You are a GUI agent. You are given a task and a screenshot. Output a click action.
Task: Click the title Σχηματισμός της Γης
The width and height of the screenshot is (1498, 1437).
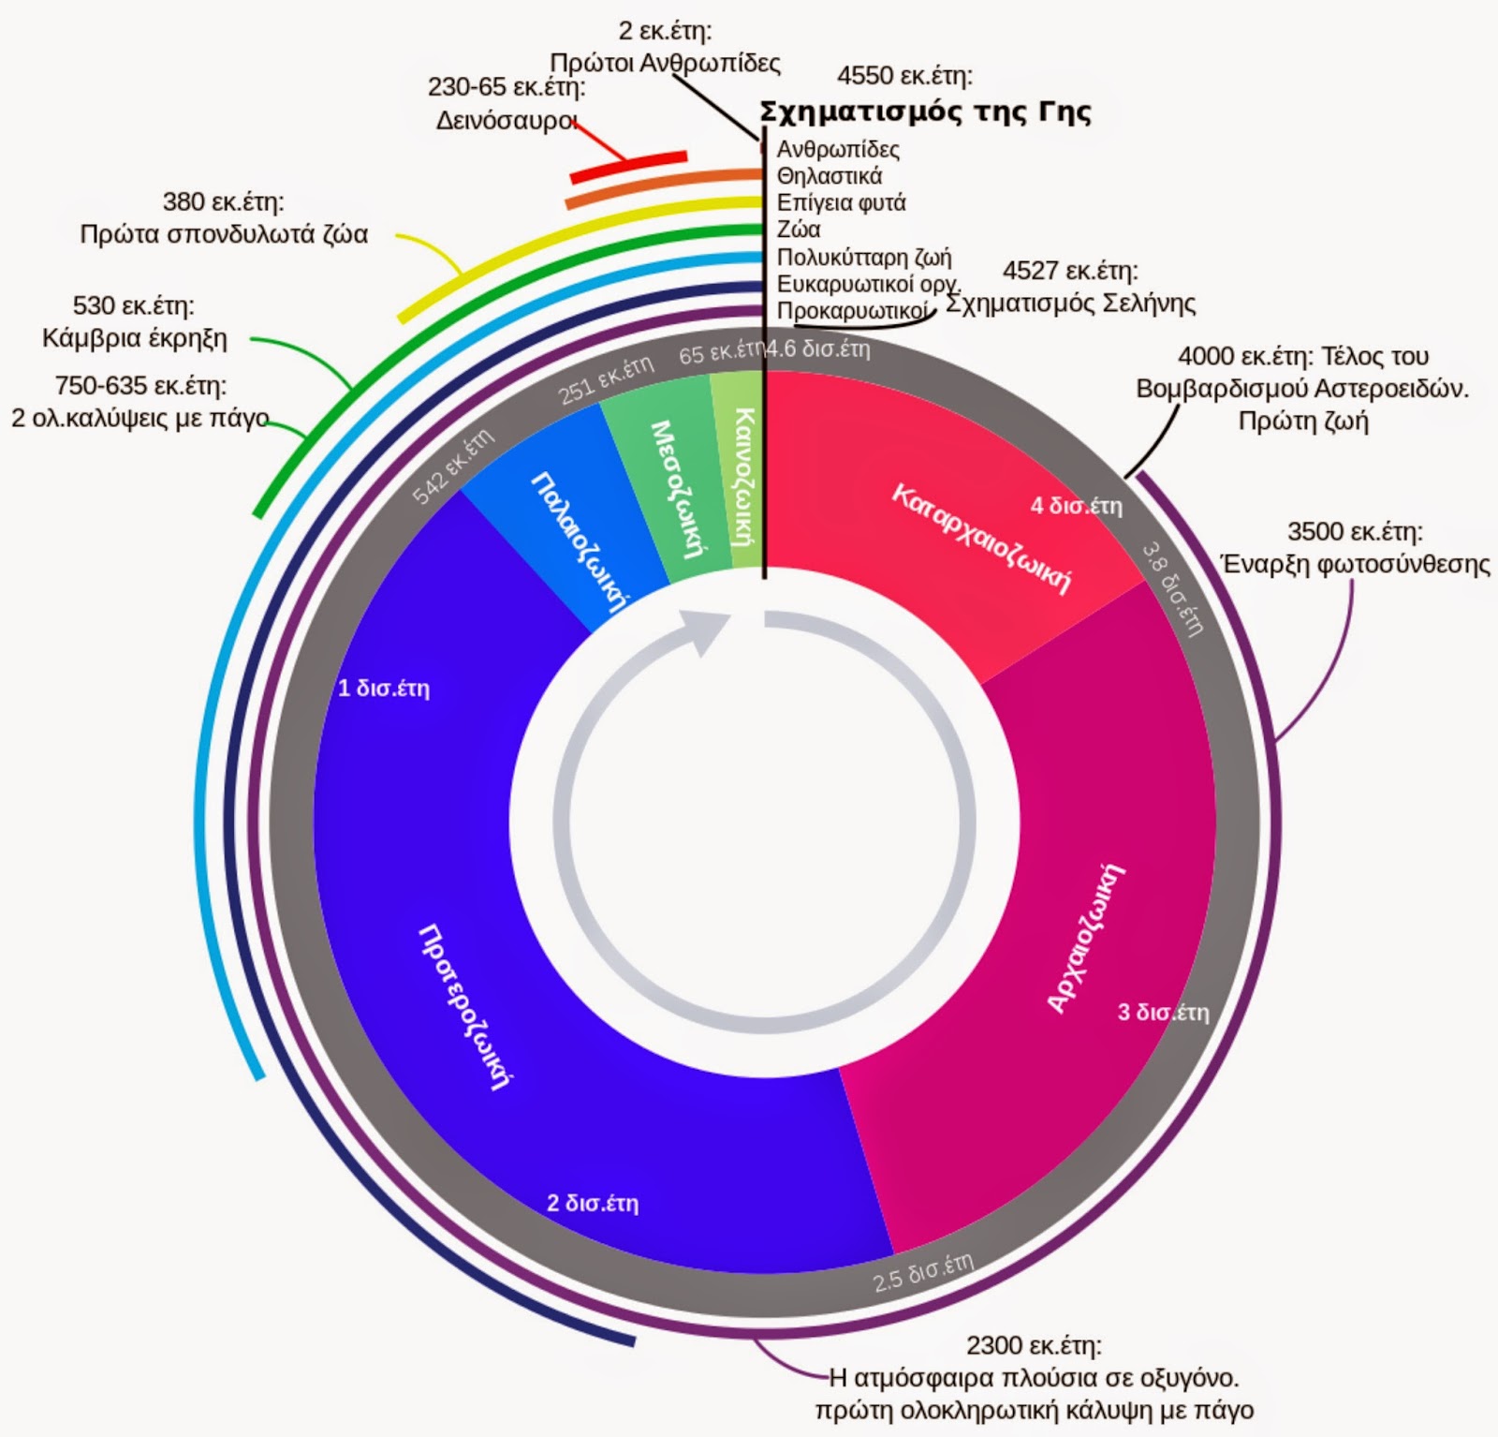click(x=925, y=112)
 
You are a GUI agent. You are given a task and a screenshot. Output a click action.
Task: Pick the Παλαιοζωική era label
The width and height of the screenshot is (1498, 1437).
click(x=580, y=542)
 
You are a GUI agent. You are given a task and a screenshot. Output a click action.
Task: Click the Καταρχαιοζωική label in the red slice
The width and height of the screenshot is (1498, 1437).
click(x=980, y=539)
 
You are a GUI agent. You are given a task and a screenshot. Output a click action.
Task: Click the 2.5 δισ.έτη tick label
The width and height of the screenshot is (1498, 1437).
click(x=923, y=1271)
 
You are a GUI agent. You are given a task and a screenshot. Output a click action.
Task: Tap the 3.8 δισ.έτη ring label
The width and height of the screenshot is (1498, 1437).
click(x=1171, y=588)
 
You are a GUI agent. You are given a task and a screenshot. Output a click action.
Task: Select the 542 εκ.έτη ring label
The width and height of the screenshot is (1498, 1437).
click(x=453, y=467)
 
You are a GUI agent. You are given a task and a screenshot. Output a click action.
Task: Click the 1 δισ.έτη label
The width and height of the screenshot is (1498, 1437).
click(x=384, y=689)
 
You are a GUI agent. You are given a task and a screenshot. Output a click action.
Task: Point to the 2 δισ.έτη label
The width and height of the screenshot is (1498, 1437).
click(x=593, y=1203)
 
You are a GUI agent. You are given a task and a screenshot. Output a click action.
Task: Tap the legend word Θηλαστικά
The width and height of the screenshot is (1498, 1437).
click(x=830, y=176)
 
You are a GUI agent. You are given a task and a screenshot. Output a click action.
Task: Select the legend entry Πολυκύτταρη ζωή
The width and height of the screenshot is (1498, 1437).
click(x=864, y=257)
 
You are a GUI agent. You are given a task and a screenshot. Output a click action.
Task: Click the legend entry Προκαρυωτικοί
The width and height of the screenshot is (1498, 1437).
click(x=853, y=311)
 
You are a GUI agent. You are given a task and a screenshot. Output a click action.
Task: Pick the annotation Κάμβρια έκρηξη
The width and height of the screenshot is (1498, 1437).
click(x=135, y=338)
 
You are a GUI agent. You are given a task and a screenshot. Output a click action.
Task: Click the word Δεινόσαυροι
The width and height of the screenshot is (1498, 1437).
click(x=507, y=121)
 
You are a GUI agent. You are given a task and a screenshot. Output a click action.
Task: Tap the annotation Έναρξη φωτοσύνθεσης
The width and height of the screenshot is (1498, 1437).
click(x=1356, y=565)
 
